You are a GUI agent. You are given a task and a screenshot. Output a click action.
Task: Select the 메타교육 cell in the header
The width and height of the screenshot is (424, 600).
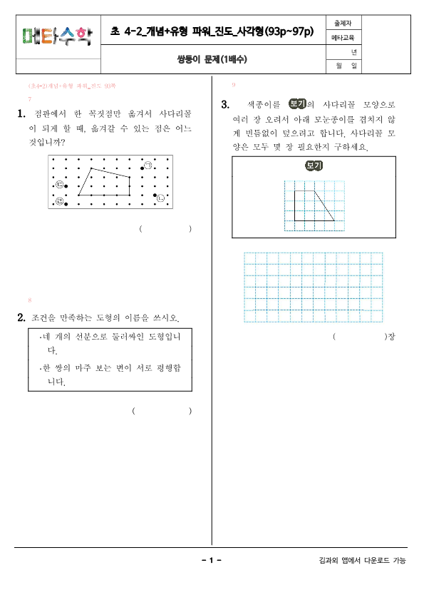(343, 38)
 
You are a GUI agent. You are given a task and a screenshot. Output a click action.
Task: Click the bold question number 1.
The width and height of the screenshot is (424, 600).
(21, 113)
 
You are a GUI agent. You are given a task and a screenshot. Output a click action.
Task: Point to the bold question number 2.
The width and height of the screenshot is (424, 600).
(21, 317)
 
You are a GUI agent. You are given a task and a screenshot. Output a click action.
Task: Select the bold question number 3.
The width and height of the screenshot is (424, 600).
(225, 105)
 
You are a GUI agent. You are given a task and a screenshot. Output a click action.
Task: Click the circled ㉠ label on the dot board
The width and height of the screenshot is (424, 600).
(148, 166)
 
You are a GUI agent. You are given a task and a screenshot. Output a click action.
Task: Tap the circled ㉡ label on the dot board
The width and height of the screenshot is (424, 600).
(160, 198)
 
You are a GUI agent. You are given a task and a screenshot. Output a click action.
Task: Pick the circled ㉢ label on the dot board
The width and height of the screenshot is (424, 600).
(60, 185)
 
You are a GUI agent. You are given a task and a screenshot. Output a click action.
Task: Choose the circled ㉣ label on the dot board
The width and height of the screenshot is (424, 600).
(60, 202)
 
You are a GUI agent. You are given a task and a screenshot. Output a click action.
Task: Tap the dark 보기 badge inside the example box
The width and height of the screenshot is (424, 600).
(314, 166)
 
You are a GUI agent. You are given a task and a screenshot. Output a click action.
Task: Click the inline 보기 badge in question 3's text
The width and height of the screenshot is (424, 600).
(296, 104)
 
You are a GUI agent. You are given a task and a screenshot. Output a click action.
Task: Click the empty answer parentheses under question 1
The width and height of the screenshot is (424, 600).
(165, 229)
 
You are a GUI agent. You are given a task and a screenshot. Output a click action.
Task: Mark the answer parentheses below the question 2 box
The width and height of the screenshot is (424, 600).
(161, 411)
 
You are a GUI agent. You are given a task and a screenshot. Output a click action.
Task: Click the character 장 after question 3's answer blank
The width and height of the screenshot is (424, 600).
(390, 336)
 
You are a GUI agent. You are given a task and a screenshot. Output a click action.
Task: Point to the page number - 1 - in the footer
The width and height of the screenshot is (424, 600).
(212, 561)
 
